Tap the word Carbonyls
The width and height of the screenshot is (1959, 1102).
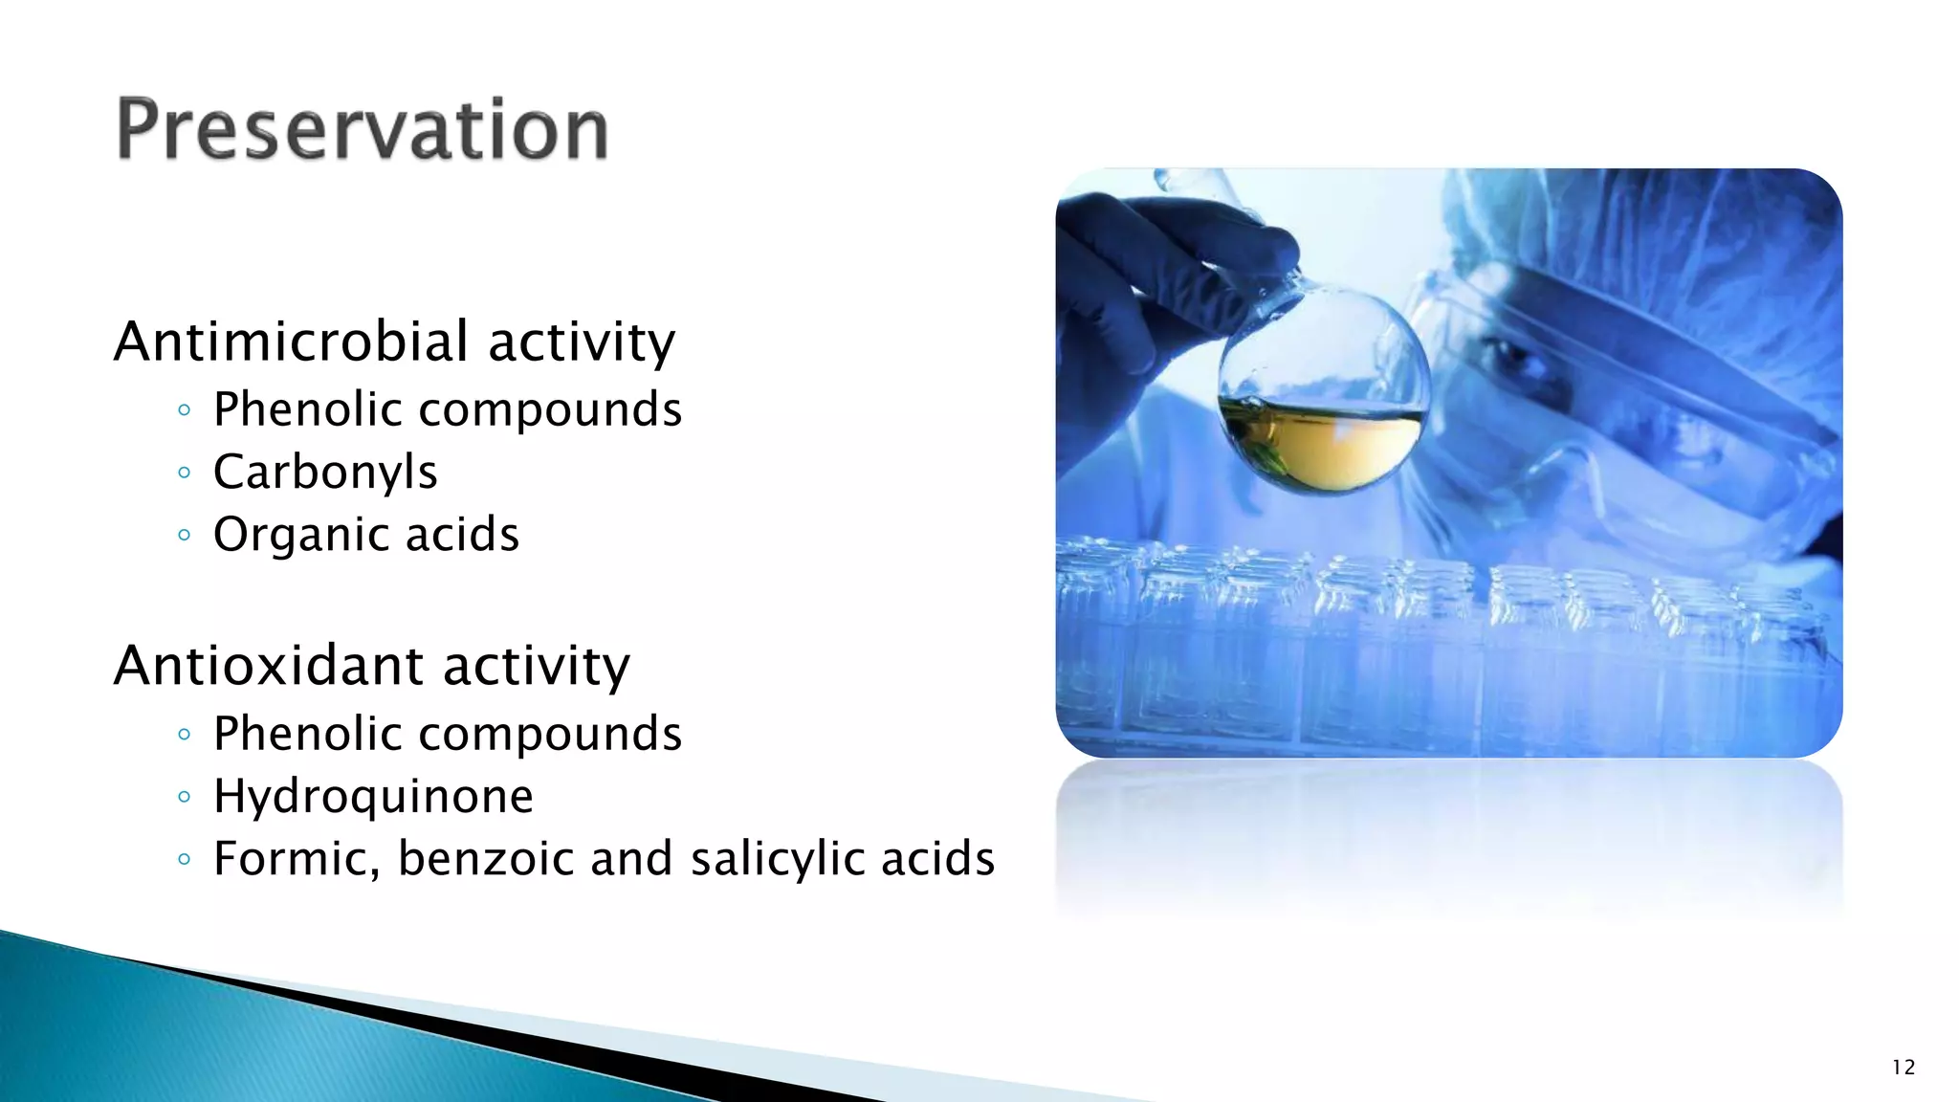325,473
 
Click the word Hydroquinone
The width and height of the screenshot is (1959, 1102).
373,797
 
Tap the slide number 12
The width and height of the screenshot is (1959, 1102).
1904,1068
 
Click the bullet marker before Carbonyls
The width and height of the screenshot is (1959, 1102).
185,473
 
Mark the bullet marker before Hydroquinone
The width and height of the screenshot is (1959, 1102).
185,797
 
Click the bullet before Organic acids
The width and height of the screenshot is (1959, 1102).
185,535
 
